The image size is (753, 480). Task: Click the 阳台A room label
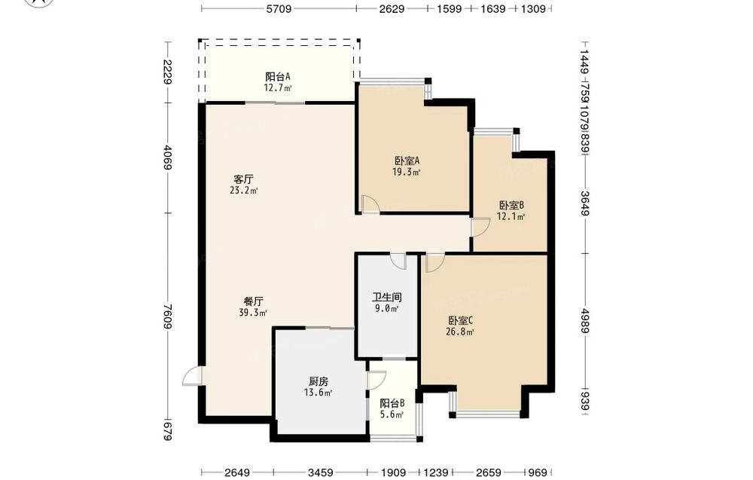[x=278, y=76]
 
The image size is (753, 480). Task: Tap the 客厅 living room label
[x=243, y=179]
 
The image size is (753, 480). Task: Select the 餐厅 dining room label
[x=253, y=301]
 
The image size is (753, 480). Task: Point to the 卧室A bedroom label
[x=407, y=161]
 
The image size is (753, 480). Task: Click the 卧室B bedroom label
[x=511, y=205]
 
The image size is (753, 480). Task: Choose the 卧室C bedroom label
[x=461, y=320]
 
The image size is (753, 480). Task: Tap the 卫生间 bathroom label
[x=386, y=298]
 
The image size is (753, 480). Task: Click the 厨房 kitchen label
[x=319, y=381]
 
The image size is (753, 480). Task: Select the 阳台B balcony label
[x=392, y=403]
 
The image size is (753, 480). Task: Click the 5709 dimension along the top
[x=279, y=8]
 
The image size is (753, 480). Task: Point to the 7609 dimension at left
[x=168, y=316]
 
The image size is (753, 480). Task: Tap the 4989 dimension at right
[x=584, y=320]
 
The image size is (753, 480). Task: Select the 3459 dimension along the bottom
[x=320, y=472]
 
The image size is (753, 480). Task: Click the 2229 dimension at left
[x=168, y=72]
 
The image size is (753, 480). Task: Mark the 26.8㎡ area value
[x=461, y=332]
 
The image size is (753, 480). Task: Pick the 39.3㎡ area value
[x=253, y=313]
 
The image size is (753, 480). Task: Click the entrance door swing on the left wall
[x=192, y=376]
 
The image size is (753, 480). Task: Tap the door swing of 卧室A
[x=370, y=204]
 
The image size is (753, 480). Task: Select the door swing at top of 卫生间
[x=398, y=261]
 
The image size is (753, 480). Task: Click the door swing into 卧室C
[x=435, y=263]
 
